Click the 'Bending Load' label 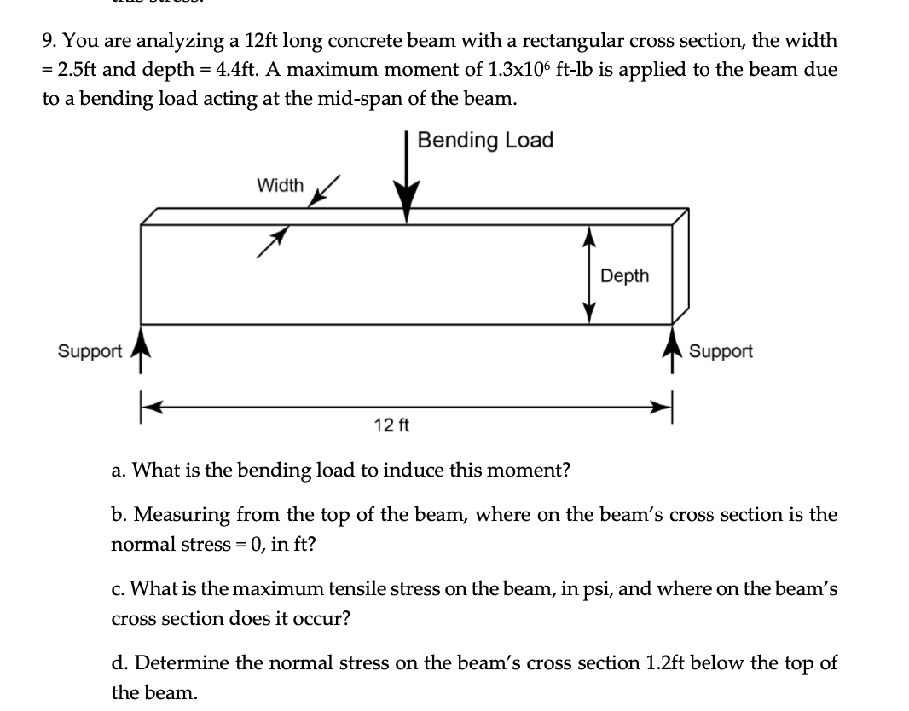click(x=485, y=141)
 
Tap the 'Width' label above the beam click(x=280, y=185)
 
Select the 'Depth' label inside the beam click(x=624, y=275)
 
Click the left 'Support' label click(x=90, y=351)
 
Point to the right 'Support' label click(x=721, y=351)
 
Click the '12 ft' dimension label click(x=391, y=424)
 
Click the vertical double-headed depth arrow click(x=588, y=275)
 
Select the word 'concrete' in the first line click(x=356, y=41)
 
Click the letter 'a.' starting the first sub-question click(x=119, y=470)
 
